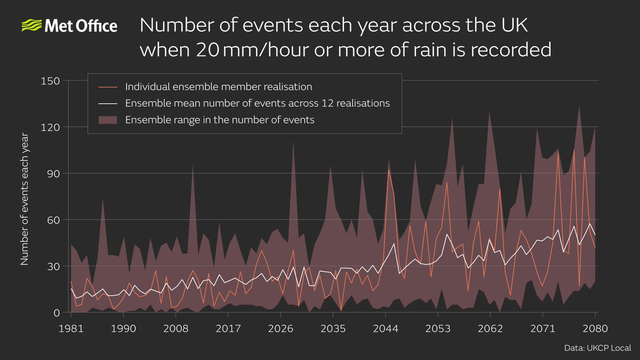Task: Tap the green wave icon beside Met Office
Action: pos(31,26)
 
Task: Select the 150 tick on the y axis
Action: pos(51,81)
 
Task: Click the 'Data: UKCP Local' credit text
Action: pos(597,348)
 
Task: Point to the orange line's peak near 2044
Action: pos(388,170)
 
